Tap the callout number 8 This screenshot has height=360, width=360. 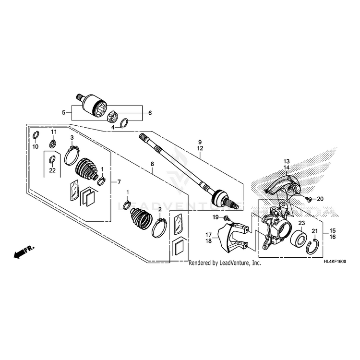(152, 164)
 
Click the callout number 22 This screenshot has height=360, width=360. (52, 170)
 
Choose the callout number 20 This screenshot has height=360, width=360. (320, 199)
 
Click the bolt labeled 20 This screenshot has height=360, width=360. (309, 198)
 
